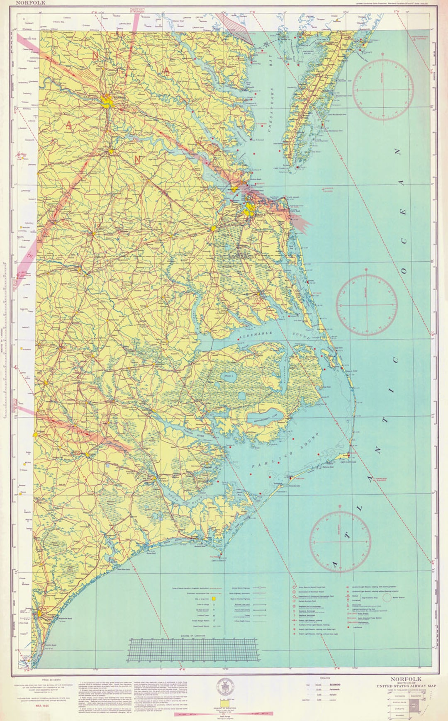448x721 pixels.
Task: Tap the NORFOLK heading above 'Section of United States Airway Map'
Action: click(405, 679)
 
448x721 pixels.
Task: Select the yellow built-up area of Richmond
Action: click(109, 100)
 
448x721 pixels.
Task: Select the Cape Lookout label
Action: click(220, 561)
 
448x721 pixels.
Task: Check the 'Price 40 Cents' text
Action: click(51, 680)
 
